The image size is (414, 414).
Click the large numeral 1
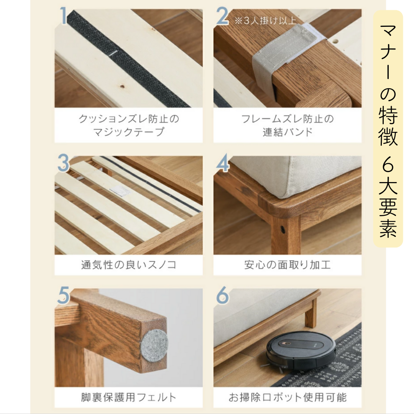[63, 16]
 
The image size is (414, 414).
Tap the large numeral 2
[222, 16]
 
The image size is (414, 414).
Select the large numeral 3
[63, 163]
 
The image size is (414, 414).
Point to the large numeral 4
[223, 163]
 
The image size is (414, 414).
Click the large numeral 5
[63, 295]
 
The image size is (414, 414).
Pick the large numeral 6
[223, 295]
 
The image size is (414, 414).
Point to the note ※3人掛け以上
[265, 20]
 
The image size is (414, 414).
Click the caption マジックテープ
[128, 131]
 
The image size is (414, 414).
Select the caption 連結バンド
[287, 131]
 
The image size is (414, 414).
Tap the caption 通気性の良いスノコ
[128, 265]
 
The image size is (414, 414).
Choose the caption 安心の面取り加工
[287, 265]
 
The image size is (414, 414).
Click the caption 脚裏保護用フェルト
[128, 397]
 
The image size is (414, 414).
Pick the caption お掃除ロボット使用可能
[287, 397]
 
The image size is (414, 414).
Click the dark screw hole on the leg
[283, 228]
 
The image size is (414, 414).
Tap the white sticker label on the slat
[118, 190]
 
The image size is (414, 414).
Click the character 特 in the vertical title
[388, 115]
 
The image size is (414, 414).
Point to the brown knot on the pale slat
[122, 86]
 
